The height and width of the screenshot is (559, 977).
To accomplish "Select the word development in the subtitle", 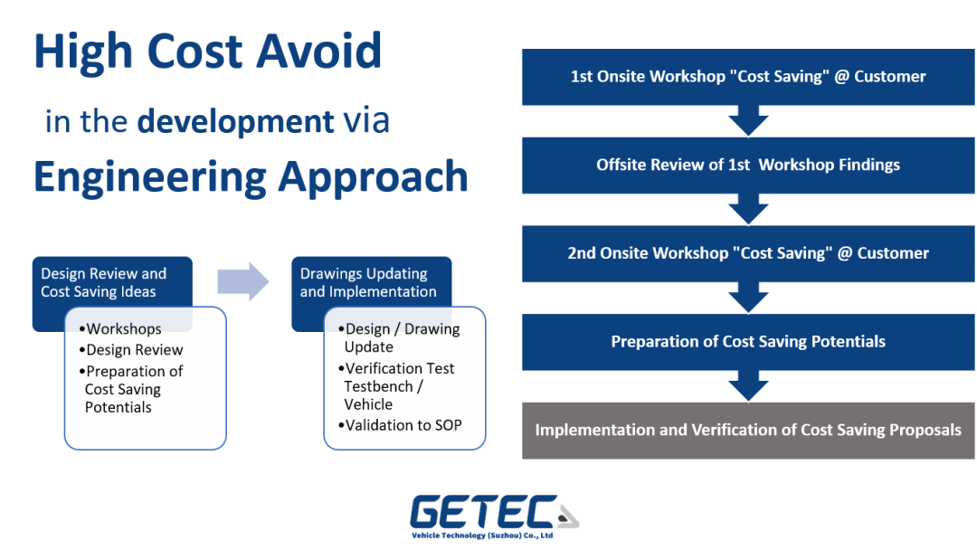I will point(235,121).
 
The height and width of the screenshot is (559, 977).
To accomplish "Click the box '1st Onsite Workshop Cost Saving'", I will point(747,77).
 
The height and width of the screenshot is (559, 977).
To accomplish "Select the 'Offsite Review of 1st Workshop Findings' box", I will point(747,165).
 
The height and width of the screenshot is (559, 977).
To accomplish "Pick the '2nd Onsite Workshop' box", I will point(747,253).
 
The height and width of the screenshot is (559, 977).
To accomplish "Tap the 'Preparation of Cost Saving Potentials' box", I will point(747,342).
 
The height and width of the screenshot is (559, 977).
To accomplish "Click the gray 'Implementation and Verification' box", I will point(747,430).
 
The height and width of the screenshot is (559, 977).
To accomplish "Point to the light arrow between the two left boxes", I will point(242,282).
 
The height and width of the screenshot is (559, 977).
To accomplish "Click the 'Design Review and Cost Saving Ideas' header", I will point(104,282).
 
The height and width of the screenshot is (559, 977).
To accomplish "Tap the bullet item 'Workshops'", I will point(123,329).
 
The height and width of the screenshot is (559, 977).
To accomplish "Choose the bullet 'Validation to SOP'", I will point(402,425).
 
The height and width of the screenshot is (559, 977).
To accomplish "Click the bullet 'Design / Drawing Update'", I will point(401,338).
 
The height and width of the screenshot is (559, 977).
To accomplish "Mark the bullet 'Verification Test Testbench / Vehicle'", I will point(398,386).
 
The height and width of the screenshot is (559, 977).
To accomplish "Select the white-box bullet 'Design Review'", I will point(134,350).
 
